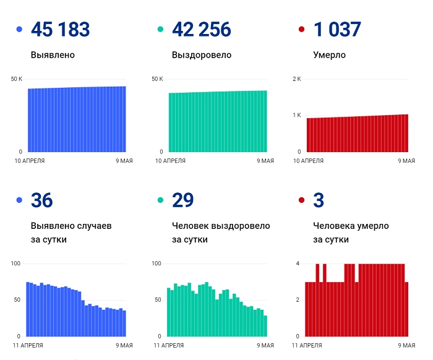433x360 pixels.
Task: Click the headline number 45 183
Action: (60, 29)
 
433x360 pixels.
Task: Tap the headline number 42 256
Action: (201, 29)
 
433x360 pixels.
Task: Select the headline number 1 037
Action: (337, 29)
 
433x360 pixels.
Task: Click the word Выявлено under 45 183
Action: (53, 55)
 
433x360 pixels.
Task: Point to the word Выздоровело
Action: (202, 55)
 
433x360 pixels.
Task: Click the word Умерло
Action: (330, 55)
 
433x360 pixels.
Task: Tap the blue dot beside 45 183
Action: (19, 30)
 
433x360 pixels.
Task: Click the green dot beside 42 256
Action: (160, 30)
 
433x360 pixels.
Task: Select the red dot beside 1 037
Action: (301, 30)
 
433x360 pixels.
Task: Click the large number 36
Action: (41, 200)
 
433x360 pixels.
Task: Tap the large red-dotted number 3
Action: (319, 200)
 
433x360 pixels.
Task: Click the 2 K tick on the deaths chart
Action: (296, 79)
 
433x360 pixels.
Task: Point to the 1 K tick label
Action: (296, 116)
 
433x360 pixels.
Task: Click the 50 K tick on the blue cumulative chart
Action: (17, 79)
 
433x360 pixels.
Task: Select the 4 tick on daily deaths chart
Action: (298, 264)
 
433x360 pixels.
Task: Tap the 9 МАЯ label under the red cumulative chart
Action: (406, 161)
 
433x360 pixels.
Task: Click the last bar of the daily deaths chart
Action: (406, 309)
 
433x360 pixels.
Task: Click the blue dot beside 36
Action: (19, 200)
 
